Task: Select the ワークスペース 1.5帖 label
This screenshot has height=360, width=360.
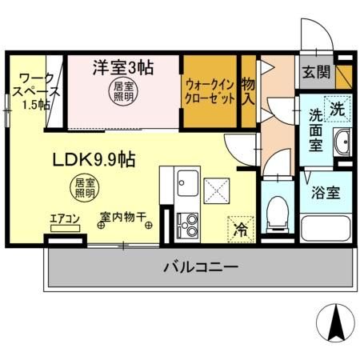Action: pos(34,92)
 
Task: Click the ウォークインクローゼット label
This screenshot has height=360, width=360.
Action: pos(210,90)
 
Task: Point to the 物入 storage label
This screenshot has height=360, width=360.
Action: pos(247,90)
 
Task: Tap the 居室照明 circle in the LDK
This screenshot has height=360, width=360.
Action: pos(85,188)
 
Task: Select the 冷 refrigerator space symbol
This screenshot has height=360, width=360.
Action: pos(240,228)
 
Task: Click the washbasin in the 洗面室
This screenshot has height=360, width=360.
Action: pos(343,142)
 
